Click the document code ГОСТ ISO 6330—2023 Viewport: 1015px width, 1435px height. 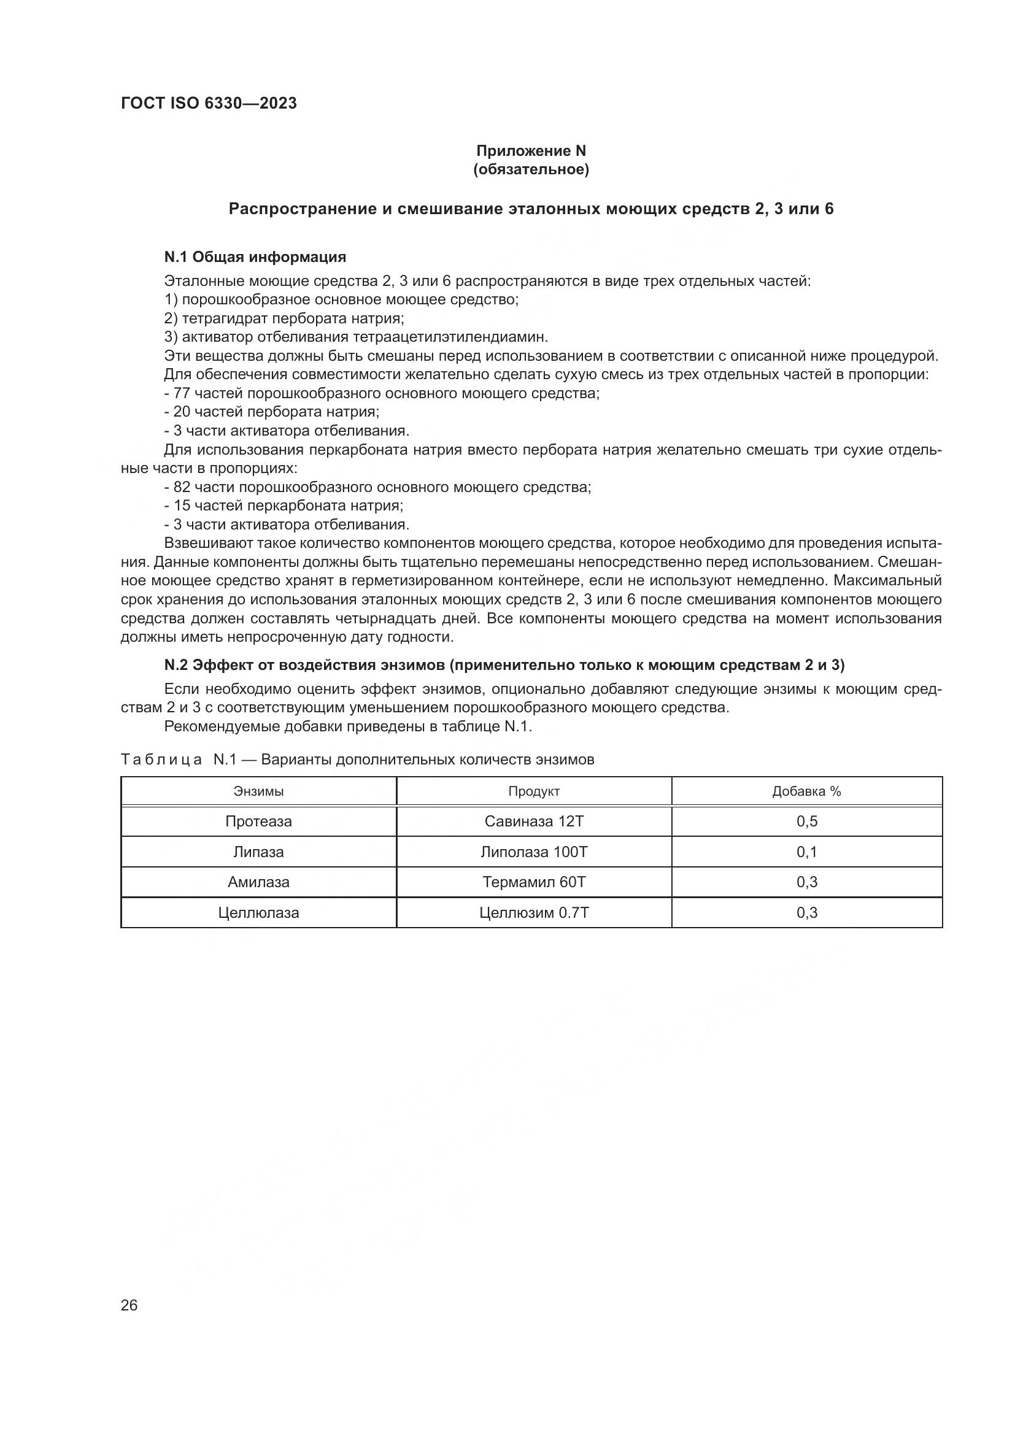coord(209,104)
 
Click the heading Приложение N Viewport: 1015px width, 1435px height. coord(531,151)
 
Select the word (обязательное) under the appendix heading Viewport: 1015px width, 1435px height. coord(531,170)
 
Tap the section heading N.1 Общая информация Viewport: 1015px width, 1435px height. coord(255,257)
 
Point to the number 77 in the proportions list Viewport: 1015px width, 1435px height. coord(182,394)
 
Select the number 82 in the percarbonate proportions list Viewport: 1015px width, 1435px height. coord(182,487)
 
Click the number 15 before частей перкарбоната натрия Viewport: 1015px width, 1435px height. coord(182,506)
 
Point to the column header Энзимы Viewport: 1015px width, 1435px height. coord(259,791)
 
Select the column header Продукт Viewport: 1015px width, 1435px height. coord(534,791)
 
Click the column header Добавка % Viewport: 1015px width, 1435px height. coord(806,791)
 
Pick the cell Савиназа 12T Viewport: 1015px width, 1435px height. coord(534,821)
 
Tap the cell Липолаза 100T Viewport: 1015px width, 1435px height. coord(534,852)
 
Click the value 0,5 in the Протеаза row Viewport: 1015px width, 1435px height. coord(806,821)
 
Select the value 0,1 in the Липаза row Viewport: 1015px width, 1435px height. coord(806,852)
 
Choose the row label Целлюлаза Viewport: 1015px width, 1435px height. coord(259,912)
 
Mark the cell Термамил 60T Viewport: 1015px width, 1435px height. coord(534,882)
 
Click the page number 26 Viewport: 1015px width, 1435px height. coord(129,1305)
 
